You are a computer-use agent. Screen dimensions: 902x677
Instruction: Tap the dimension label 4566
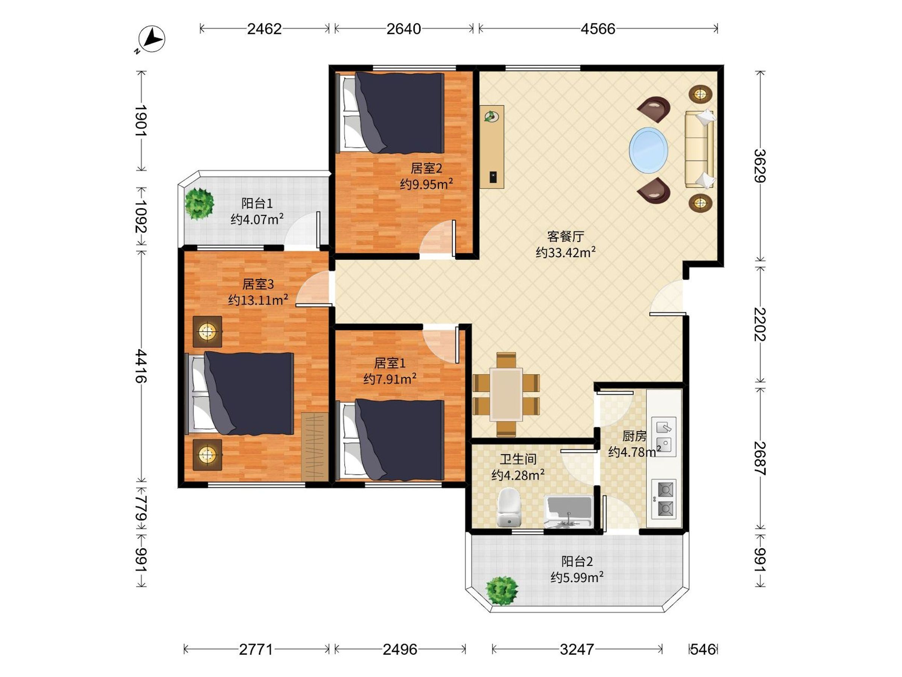(x=598, y=29)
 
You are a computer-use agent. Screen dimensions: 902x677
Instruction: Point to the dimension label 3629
(x=760, y=166)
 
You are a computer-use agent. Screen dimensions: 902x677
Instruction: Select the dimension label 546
(x=703, y=649)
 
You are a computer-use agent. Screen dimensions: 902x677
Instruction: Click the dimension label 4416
(x=141, y=366)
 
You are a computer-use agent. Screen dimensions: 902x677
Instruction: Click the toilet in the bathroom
(x=510, y=507)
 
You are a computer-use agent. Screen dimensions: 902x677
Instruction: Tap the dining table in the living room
(x=506, y=394)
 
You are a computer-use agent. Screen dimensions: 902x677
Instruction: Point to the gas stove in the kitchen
(x=664, y=498)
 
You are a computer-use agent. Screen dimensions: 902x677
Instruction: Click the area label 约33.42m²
(x=566, y=252)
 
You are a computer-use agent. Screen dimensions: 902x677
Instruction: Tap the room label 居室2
(x=426, y=168)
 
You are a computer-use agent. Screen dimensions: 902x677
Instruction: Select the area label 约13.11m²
(x=258, y=300)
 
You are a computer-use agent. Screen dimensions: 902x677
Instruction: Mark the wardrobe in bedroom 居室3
(x=315, y=447)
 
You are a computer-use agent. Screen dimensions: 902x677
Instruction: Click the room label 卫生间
(x=518, y=460)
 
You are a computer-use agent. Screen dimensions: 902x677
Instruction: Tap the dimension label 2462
(x=264, y=29)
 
